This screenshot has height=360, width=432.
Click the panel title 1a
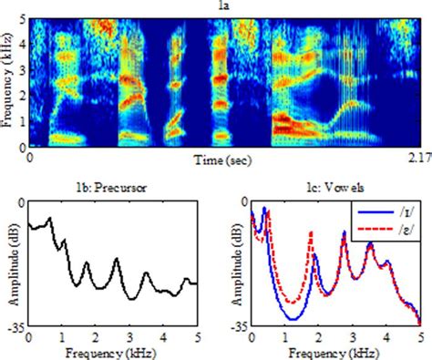(x=221, y=7)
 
